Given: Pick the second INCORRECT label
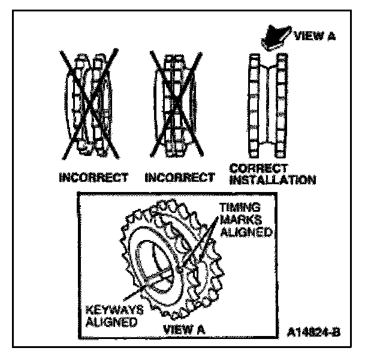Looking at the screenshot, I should [180, 178].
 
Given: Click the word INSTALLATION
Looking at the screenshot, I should [273, 179].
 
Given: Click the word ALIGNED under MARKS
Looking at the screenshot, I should [243, 230].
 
